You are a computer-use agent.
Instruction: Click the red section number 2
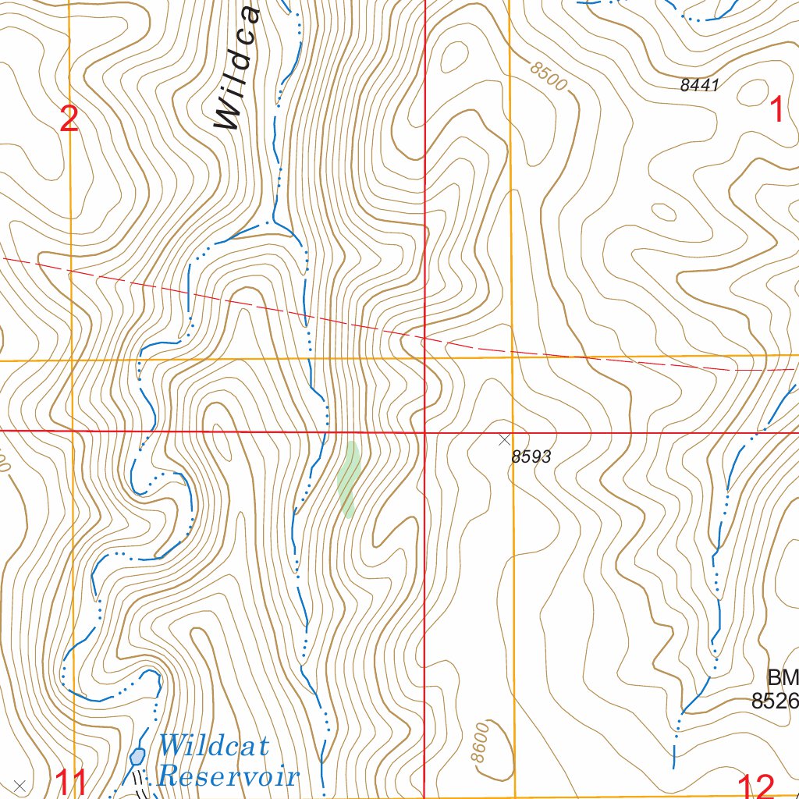tap(69, 120)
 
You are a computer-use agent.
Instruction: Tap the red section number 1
tap(777, 110)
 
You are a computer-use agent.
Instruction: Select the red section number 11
tap(71, 782)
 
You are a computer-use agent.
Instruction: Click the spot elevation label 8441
tap(698, 86)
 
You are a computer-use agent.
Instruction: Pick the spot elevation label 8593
tap(531, 457)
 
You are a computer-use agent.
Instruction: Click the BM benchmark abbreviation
tap(783, 676)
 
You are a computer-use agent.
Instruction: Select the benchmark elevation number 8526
tap(775, 701)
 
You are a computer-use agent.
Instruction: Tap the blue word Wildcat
tap(213, 746)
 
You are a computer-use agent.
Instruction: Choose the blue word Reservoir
tap(228, 777)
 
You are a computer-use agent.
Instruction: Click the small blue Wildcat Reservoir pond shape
tap(138, 756)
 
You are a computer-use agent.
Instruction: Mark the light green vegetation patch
tap(348, 479)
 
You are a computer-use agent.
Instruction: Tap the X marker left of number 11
tap(20, 785)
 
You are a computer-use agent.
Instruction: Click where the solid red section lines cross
tap(424, 431)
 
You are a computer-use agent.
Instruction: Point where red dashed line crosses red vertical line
tap(424, 338)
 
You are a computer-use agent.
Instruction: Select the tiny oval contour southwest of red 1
tap(663, 211)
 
